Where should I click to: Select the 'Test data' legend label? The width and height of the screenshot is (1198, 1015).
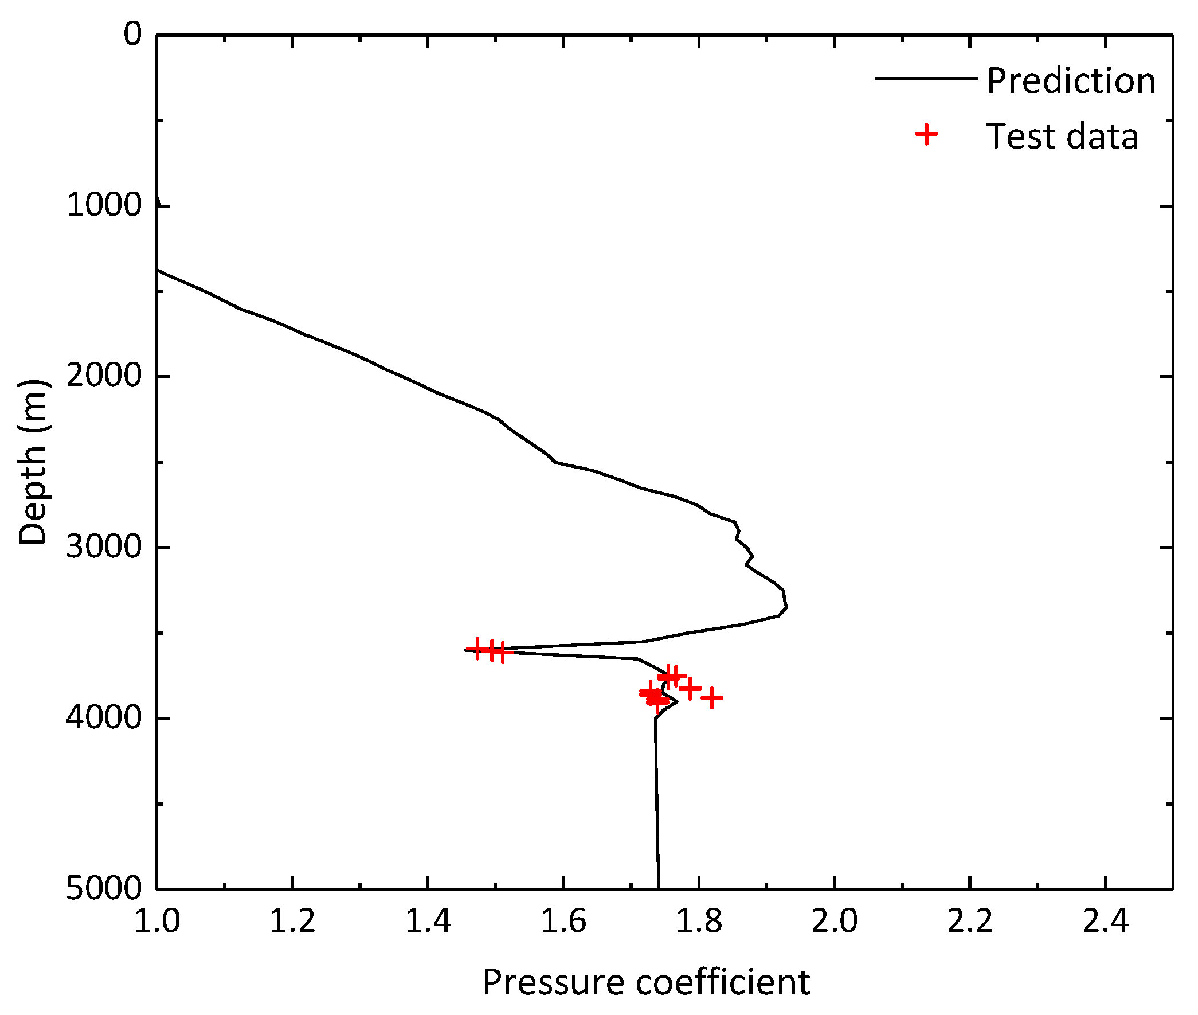(1062, 136)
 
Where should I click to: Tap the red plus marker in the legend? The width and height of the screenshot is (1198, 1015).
(926, 135)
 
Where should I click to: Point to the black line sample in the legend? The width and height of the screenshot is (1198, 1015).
(925, 78)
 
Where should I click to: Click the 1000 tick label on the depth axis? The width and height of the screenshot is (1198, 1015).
(104, 205)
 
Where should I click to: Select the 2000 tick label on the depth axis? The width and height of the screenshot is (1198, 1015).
(104, 376)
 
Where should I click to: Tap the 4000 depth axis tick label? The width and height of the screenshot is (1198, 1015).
(104, 717)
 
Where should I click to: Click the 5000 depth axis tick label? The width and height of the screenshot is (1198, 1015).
(104, 888)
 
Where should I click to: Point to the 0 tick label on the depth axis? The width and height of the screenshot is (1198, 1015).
(133, 34)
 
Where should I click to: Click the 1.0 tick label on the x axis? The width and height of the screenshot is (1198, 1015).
(156, 920)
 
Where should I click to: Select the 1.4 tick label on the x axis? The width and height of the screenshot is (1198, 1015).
(428, 920)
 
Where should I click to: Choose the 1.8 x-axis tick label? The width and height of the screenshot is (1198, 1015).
(699, 920)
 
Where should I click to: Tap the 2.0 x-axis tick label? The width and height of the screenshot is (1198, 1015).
(834, 920)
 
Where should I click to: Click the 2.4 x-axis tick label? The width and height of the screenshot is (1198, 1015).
(1105, 920)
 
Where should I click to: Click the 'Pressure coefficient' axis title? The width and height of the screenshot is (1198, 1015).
(646, 982)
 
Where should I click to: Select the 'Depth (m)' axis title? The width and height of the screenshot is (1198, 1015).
(32, 462)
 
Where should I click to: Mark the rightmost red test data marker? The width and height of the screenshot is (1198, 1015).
(711, 698)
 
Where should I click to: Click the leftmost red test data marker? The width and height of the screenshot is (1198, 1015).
(477, 649)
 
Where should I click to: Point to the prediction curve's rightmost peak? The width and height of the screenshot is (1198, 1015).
(786, 607)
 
